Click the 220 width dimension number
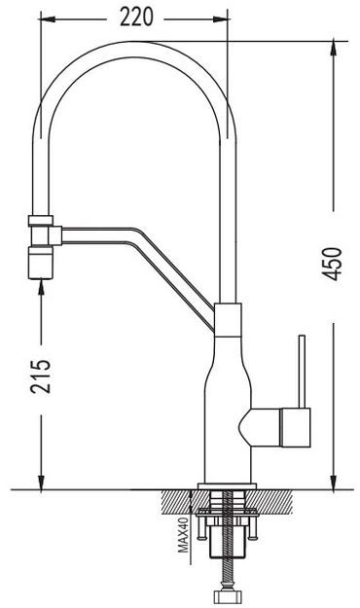click(x=136, y=18)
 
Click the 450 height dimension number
click(x=333, y=264)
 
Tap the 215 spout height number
click(x=41, y=376)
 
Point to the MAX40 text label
click(x=183, y=534)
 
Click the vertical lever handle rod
click(x=302, y=372)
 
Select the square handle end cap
click(x=295, y=427)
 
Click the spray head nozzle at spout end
click(x=40, y=264)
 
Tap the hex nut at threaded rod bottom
click(x=228, y=596)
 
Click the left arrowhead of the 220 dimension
click(x=48, y=19)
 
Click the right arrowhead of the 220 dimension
click(x=220, y=19)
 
